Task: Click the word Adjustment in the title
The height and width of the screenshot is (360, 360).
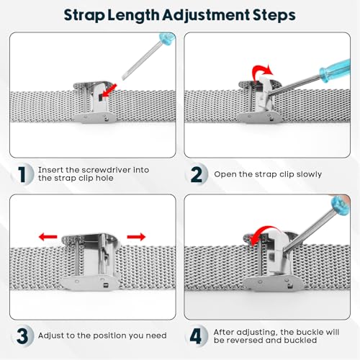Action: (206, 16)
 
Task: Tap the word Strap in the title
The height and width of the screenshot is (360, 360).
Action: (84, 16)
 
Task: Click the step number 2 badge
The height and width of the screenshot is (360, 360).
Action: (197, 174)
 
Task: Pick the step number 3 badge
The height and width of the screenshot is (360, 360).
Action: (22, 336)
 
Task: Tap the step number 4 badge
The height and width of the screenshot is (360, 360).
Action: (196, 336)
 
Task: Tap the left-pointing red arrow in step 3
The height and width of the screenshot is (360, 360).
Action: (48, 237)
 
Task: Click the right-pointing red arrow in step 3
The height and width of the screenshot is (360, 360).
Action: (136, 237)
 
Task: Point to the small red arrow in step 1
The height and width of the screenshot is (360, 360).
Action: (109, 91)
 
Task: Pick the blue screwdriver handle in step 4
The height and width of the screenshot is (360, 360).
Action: (341, 205)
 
